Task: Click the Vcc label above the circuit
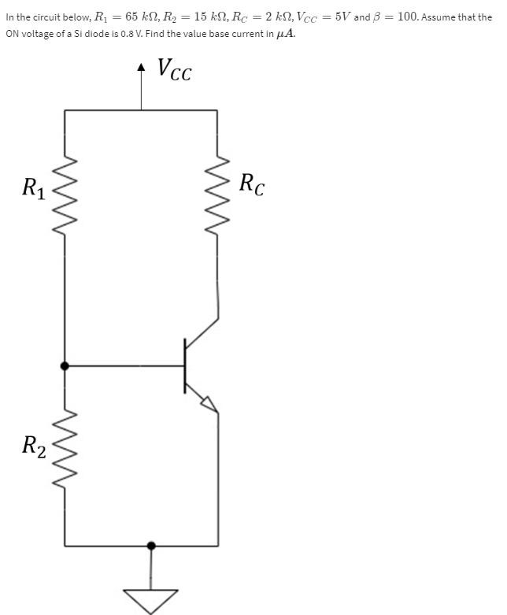point(175,71)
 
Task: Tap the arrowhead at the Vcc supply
point(142,69)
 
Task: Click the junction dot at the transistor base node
point(65,365)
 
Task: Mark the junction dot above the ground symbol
point(151,545)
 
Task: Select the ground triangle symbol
point(151,599)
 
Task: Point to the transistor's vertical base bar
point(186,365)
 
